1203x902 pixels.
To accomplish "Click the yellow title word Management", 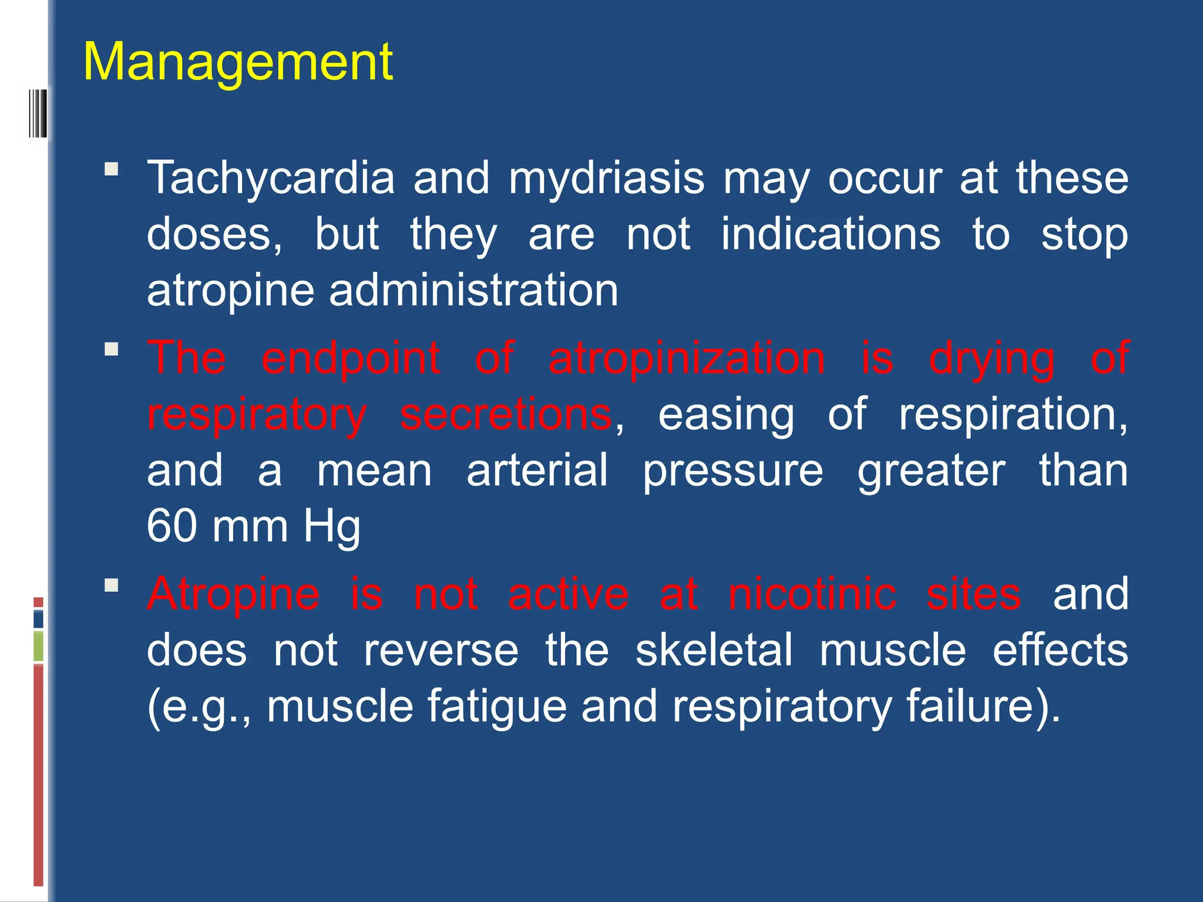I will click(x=238, y=62).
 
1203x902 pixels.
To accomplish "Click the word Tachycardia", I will click(x=271, y=177).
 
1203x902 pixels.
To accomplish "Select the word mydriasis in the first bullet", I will click(x=606, y=179).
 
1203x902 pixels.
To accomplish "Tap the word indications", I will click(x=831, y=234).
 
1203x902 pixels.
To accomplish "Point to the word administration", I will click(x=473, y=290).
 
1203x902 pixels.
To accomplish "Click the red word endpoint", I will click(x=351, y=358).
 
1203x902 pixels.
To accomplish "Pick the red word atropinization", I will click(x=687, y=358).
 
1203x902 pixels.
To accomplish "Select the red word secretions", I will click(x=506, y=414).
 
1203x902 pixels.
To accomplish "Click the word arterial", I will click(x=537, y=470).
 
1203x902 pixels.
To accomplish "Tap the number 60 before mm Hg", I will click(x=172, y=526).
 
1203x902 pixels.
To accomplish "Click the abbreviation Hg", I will click(x=331, y=527).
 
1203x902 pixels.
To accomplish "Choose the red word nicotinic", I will click(x=812, y=594).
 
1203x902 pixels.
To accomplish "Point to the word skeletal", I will click(x=714, y=650).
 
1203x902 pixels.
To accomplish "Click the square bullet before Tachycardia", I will click(x=111, y=170).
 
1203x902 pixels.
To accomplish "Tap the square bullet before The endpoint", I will click(x=111, y=349).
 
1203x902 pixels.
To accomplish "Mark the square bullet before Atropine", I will click(x=111, y=585).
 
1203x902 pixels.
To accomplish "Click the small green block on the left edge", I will click(x=39, y=646).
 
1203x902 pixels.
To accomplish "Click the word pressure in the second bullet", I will click(x=732, y=472).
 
